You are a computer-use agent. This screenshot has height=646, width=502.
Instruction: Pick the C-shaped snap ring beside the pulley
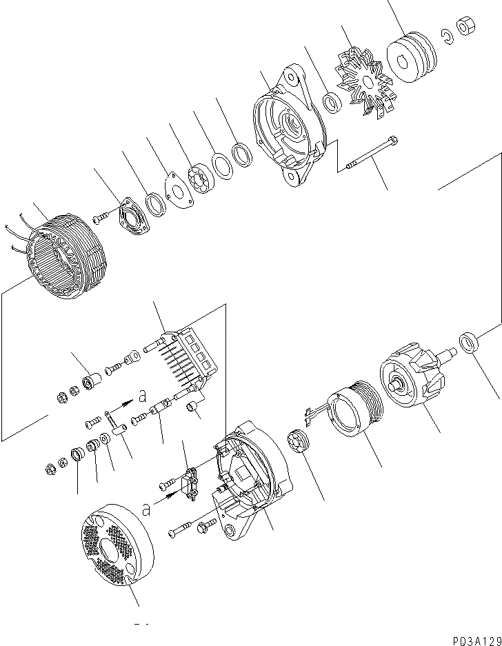[x=448, y=39]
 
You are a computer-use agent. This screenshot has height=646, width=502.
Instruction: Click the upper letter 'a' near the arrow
[x=142, y=396]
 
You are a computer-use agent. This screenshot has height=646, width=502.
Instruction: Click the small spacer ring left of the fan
[x=332, y=103]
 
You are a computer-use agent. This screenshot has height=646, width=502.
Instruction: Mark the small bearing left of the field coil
[x=298, y=441]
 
